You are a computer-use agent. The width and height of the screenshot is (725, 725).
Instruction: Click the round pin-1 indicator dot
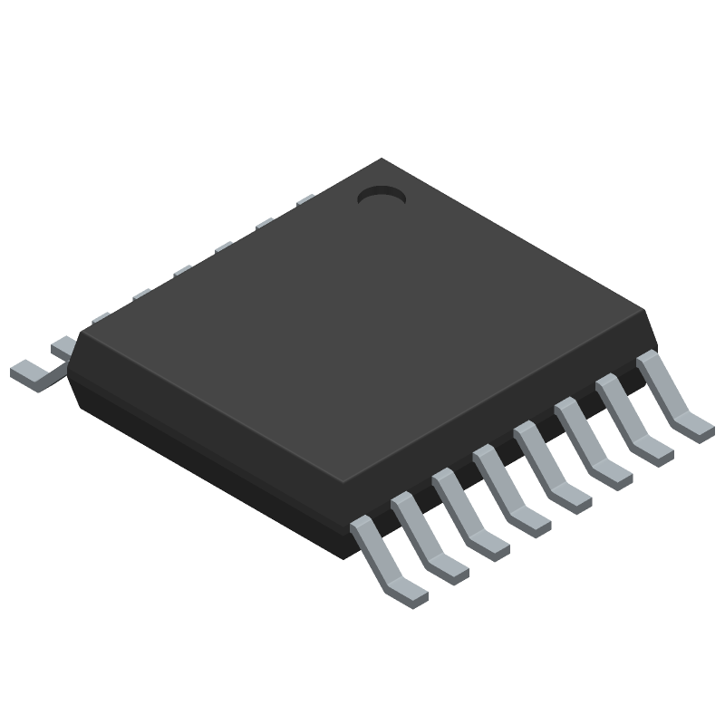(381, 194)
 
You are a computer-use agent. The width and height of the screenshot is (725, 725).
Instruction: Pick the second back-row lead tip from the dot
(265, 223)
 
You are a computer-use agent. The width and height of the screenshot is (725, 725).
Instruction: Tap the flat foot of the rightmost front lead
(696, 424)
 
